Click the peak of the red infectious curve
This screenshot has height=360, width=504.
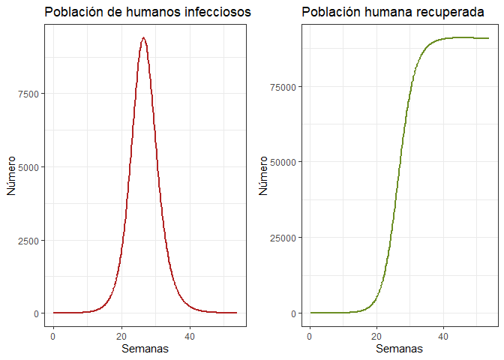click(x=143, y=37)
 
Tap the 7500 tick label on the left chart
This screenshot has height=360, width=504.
click(x=31, y=94)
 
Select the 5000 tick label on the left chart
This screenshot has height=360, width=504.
click(x=31, y=166)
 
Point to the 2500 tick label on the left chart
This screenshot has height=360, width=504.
click(x=31, y=240)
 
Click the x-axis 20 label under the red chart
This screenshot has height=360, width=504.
click(x=121, y=337)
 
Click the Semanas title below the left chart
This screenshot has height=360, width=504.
click(x=145, y=349)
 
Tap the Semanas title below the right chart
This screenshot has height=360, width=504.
click(x=399, y=349)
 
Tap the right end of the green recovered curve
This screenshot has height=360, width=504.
click(x=488, y=38)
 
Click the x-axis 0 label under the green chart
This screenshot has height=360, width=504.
click(x=310, y=337)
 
